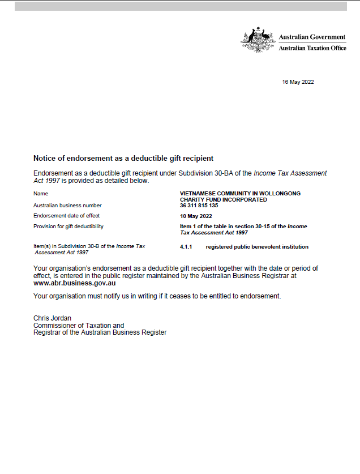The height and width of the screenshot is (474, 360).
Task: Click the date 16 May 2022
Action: (x=298, y=82)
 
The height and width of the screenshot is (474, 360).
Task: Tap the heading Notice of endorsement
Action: (x=123, y=158)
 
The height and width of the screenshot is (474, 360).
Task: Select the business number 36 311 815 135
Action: (x=199, y=206)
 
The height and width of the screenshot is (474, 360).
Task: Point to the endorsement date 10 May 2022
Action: (x=196, y=216)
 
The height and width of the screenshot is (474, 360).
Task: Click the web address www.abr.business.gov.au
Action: (x=75, y=282)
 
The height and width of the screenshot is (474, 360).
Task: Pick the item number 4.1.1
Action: (x=186, y=247)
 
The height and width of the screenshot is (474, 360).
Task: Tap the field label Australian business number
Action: (x=67, y=206)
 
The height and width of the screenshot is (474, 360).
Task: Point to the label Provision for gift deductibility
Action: (x=68, y=227)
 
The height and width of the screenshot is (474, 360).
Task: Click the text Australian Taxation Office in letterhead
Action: (x=312, y=48)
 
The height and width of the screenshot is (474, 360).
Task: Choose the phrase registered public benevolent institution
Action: (x=257, y=247)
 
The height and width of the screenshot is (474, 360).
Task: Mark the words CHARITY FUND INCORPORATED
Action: (x=223, y=200)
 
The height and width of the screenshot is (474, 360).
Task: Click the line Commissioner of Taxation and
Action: (x=79, y=326)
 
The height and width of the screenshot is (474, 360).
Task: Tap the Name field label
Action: (x=41, y=194)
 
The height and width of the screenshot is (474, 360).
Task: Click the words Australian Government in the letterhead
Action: (x=312, y=37)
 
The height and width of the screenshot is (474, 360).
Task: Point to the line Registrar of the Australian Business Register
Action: (x=100, y=332)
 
